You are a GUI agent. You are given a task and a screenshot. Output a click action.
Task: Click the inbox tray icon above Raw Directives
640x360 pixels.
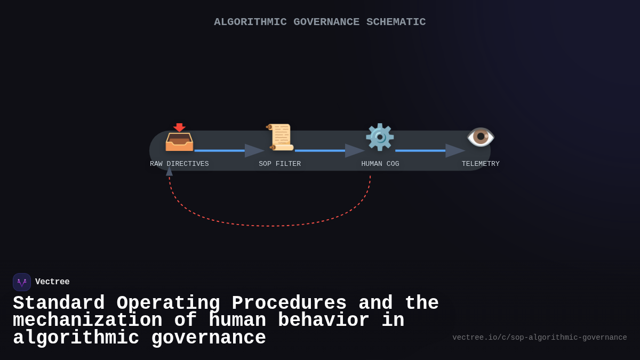179,138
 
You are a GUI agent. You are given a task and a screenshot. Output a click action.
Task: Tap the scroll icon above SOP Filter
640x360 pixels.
280,137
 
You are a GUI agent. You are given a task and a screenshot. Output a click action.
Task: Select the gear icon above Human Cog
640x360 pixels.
380,137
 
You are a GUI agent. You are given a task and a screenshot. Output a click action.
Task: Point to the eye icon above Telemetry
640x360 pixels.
481,137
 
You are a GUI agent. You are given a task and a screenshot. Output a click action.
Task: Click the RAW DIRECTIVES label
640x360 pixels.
179,164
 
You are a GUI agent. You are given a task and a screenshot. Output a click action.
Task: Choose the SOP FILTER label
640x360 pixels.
280,164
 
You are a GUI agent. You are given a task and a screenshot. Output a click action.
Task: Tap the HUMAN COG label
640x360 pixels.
380,164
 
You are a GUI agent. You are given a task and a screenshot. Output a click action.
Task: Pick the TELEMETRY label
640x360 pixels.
481,164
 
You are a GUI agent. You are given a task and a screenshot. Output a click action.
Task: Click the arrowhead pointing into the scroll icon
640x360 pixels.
254,150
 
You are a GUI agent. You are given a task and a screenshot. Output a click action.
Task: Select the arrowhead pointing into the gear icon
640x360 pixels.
354,150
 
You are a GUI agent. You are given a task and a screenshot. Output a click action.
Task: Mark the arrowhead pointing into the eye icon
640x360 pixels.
454,150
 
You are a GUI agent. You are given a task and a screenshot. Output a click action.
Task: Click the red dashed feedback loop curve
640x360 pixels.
269,226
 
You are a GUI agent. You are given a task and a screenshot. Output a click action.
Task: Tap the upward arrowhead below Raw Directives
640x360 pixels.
169,171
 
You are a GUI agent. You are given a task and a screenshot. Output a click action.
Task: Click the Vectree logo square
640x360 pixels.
22,282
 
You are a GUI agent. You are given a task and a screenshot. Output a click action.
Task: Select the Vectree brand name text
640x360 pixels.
52,282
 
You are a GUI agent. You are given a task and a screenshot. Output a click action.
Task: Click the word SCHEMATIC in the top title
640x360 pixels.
396,22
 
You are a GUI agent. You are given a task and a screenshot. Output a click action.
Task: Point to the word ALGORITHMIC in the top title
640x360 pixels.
250,22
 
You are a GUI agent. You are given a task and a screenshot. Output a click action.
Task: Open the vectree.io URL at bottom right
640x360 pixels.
539,338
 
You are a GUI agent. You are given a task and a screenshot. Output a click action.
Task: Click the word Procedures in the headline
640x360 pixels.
289,303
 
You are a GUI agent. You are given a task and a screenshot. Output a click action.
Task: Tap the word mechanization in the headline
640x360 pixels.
87,321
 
